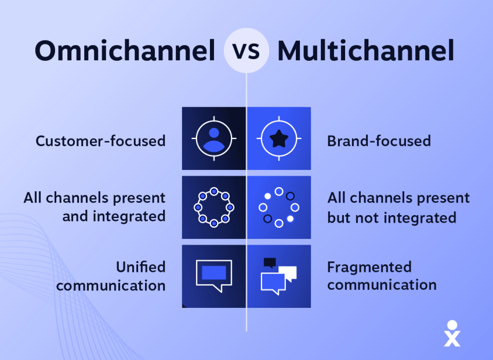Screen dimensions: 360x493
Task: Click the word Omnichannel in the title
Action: pyautogui.click(x=125, y=51)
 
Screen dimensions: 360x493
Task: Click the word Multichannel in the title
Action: pyautogui.click(x=366, y=51)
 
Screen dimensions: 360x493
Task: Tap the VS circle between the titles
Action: pyautogui.click(x=247, y=51)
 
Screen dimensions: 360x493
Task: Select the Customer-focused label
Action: pyautogui.click(x=100, y=141)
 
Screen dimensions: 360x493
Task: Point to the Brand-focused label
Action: pyautogui.click(x=379, y=141)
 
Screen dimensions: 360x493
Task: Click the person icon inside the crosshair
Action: pyautogui.click(x=214, y=138)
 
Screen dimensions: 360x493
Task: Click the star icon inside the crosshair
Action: pyautogui.click(x=279, y=139)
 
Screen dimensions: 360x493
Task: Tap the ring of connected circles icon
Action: pyautogui.click(x=214, y=207)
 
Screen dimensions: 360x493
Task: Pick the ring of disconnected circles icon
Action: pyautogui.click(x=279, y=207)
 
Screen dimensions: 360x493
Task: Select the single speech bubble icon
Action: pyautogui.click(x=214, y=275)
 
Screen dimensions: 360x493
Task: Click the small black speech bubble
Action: pyautogui.click(x=269, y=263)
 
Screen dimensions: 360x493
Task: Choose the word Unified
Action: pyautogui.click(x=140, y=267)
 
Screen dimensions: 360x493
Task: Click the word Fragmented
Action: pyautogui.click(x=369, y=267)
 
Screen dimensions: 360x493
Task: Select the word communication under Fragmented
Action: pyautogui.click(x=382, y=285)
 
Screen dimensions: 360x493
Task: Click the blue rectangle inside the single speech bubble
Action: pyautogui.click(x=214, y=272)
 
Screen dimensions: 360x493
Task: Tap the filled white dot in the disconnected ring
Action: pyautogui.click(x=290, y=219)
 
